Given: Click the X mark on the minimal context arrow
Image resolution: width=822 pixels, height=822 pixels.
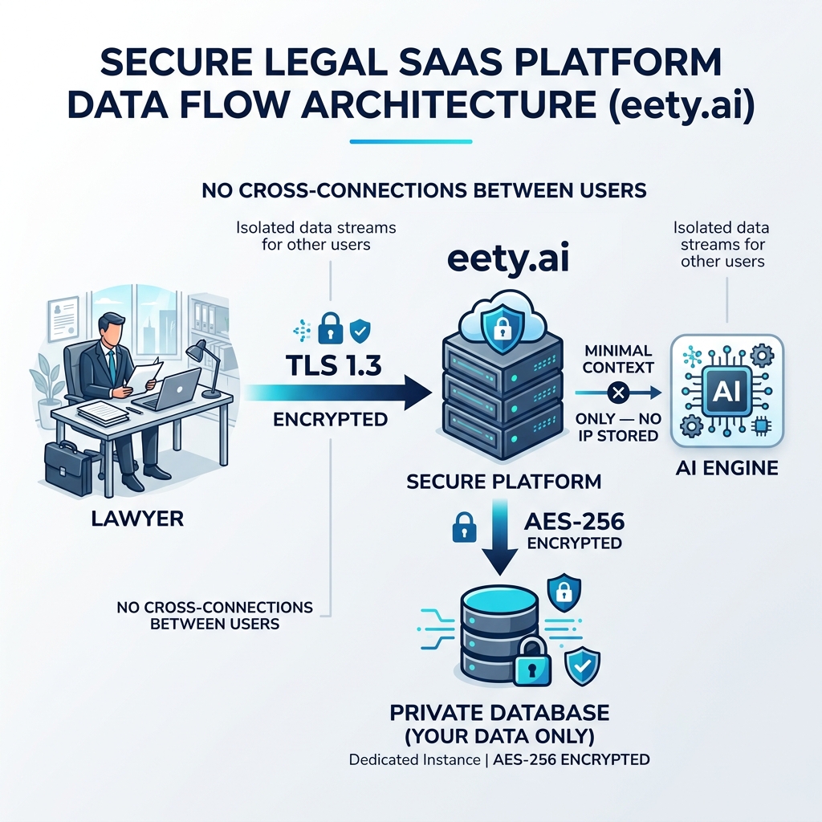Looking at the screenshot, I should (616, 393).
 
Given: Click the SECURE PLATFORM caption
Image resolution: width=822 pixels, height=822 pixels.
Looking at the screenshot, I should (504, 482).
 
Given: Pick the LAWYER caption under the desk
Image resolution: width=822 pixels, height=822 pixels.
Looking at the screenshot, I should (137, 518).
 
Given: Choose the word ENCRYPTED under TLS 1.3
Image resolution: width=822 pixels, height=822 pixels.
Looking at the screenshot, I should (329, 419).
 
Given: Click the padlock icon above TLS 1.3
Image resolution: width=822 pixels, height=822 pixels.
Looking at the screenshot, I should (330, 328).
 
